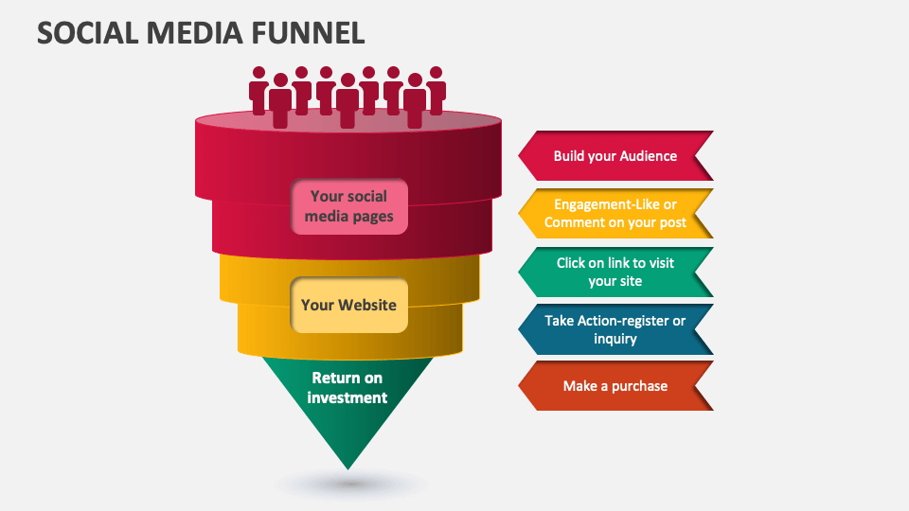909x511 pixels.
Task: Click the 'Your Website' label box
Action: click(348, 305)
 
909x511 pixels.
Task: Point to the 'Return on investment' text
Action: click(348, 388)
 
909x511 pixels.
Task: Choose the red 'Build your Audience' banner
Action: click(615, 155)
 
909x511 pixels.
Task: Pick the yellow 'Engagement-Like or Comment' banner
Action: click(615, 214)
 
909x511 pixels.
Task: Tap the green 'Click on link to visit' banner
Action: click(615, 272)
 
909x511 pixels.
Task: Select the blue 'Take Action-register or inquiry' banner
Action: click(615, 329)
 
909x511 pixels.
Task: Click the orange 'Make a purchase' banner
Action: click(615, 386)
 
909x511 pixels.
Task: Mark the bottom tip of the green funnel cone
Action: click(348, 467)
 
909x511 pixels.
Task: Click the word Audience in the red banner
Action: click(649, 156)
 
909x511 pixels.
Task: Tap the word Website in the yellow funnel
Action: click(365, 305)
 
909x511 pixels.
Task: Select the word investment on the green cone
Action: click(348, 397)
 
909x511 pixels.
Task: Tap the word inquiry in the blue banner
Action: click(615, 339)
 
